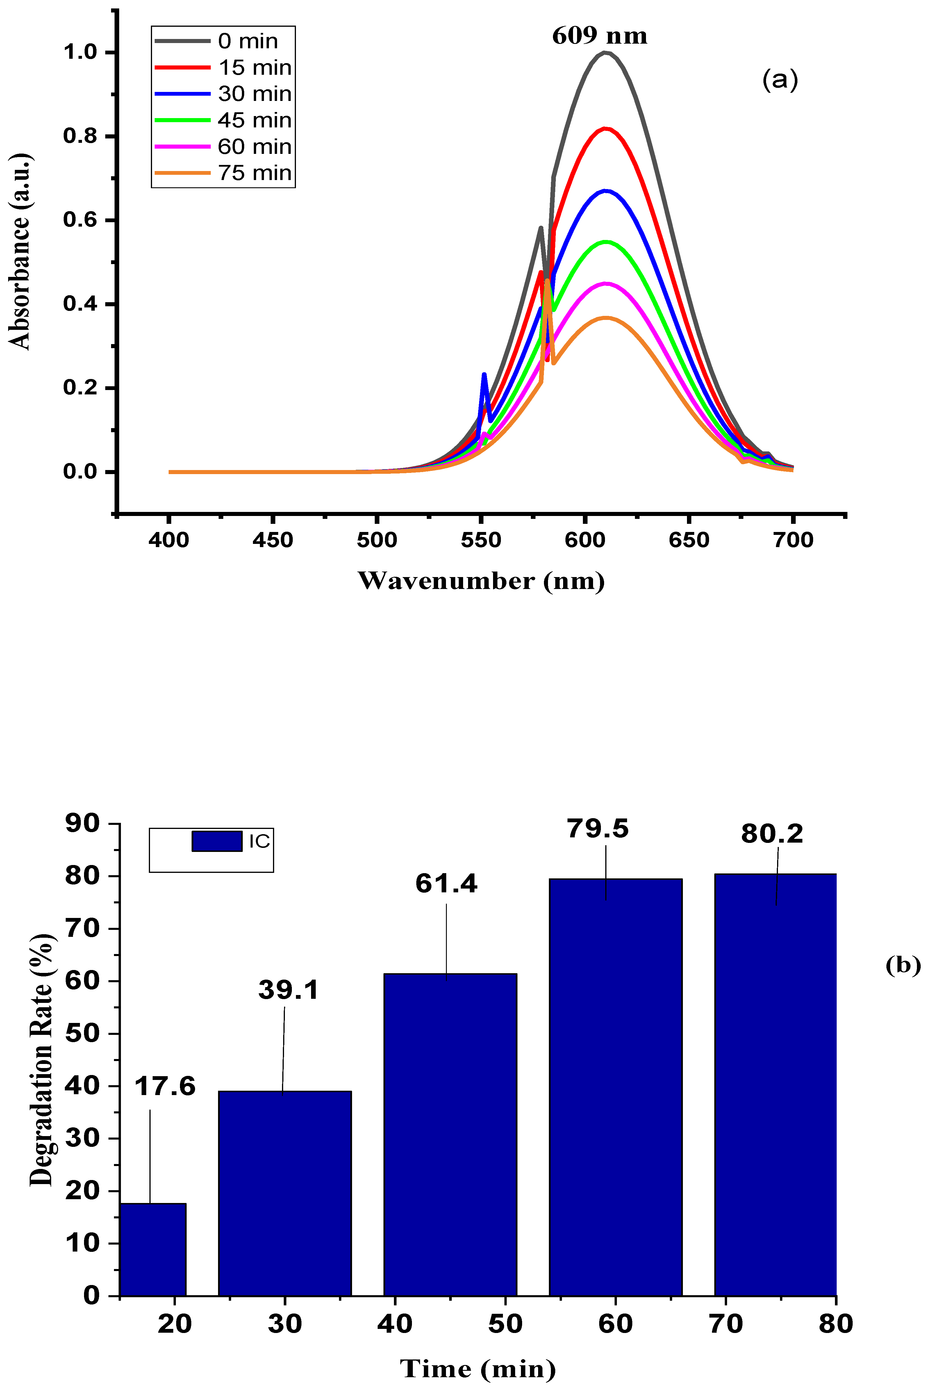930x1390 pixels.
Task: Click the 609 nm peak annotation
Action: point(600,36)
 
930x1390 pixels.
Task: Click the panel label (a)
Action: point(780,79)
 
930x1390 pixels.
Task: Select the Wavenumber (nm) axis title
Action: point(481,581)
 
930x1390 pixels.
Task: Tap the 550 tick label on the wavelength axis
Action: point(481,540)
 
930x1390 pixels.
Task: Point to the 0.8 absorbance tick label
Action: point(80,136)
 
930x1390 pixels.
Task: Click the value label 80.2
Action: point(772,834)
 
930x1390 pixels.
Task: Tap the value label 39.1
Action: point(288,989)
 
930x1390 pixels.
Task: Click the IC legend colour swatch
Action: point(217,841)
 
